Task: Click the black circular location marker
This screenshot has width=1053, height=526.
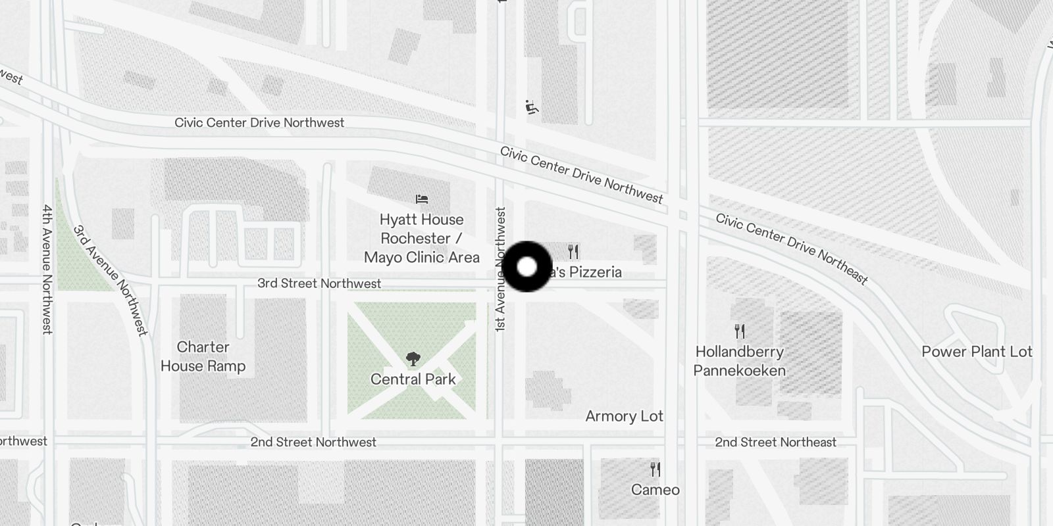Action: tap(526, 267)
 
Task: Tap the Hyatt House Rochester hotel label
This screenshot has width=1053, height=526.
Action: tap(422, 238)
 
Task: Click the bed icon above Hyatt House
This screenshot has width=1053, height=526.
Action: tap(422, 199)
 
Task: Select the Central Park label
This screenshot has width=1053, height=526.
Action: tap(413, 379)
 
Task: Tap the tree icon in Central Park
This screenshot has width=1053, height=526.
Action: tap(413, 359)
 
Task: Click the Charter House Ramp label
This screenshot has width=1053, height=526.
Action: tap(203, 356)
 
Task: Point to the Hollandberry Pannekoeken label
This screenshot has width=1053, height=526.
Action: tap(740, 361)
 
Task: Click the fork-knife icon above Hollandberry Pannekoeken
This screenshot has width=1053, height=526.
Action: tap(740, 331)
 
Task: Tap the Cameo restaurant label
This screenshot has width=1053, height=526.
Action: tap(655, 490)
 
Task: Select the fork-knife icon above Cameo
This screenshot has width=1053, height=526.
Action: tap(655, 469)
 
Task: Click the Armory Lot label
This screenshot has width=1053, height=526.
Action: tap(624, 416)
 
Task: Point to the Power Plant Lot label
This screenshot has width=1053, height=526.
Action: tap(977, 352)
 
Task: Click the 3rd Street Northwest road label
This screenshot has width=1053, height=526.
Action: tap(319, 283)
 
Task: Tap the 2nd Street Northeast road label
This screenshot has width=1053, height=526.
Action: tap(775, 442)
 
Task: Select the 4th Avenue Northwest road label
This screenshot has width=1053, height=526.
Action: tap(47, 270)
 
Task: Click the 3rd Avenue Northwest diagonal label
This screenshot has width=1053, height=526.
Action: tap(111, 281)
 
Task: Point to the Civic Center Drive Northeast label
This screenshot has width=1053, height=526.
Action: tap(792, 249)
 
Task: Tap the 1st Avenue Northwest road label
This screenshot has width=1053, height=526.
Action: tap(501, 270)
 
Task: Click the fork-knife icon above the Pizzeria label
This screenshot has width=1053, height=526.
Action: tap(573, 252)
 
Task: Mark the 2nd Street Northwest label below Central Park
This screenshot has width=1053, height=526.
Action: tap(313, 442)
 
